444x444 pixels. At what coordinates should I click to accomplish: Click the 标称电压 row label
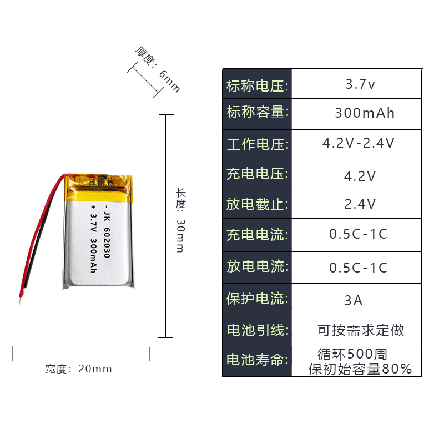(258, 86)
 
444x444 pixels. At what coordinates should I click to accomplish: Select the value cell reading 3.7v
(360, 85)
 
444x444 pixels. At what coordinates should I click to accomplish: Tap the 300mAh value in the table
(365, 113)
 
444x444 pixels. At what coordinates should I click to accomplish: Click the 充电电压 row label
(258, 174)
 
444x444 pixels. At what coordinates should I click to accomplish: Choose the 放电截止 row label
(258, 204)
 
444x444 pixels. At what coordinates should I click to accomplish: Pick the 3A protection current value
(354, 300)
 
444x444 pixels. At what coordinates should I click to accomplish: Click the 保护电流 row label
(258, 299)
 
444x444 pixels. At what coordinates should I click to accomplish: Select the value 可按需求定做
(361, 330)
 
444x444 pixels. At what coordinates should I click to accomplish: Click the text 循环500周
(352, 353)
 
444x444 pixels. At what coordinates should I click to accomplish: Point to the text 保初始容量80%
(360, 369)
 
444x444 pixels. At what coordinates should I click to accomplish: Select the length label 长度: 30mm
(180, 220)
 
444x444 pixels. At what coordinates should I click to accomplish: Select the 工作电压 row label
(258, 144)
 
